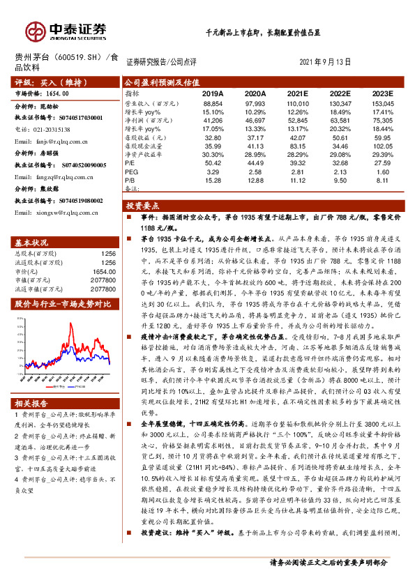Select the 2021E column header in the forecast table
pyautogui.click(x=298, y=93)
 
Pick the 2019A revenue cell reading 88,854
pyautogui.click(x=213, y=102)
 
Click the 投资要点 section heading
pyautogui.click(x=142, y=206)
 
